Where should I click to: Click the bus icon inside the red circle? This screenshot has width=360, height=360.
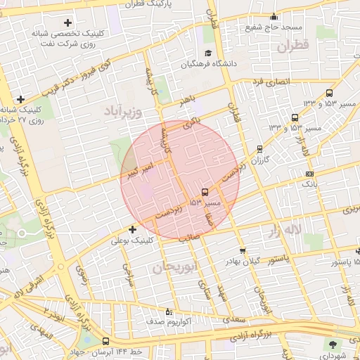205,191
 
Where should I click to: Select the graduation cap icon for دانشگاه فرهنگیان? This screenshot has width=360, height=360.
207,53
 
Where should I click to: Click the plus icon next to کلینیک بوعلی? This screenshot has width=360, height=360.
132,229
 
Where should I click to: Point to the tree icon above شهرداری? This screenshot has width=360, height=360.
332,345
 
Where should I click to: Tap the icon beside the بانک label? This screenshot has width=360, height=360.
310,174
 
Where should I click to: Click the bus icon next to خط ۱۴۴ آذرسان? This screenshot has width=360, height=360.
105,341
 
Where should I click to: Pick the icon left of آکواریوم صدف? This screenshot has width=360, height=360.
167,311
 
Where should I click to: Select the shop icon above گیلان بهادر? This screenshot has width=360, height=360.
243,250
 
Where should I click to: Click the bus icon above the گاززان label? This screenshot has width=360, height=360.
260,149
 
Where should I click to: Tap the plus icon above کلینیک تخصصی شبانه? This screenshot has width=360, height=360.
67,23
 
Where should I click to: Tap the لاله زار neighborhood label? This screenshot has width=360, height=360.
281,230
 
